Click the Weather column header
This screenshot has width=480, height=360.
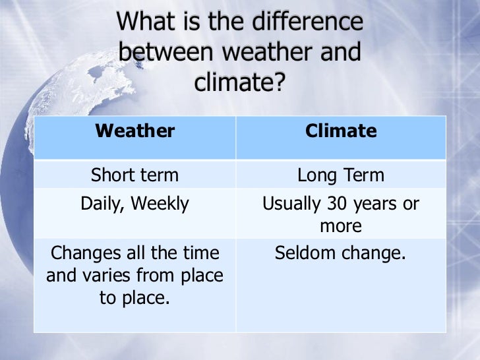135,131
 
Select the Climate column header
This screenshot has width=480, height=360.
340,131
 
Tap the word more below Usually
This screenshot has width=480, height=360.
340,227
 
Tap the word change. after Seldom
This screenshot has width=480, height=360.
373,253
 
